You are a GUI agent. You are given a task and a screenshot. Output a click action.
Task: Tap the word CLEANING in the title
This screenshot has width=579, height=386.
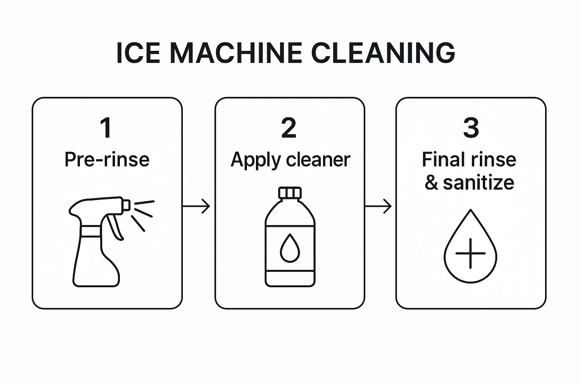(x=383, y=53)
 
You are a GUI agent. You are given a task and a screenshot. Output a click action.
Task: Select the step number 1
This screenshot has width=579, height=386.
(x=106, y=128)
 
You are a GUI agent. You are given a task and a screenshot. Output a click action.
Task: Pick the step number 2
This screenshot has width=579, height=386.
(x=289, y=128)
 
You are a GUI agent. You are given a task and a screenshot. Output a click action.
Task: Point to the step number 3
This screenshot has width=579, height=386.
(x=471, y=128)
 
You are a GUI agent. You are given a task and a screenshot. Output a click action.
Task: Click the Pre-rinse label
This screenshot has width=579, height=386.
(x=107, y=159)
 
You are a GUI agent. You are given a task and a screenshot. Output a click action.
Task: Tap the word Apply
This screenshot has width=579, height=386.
(x=256, y=160)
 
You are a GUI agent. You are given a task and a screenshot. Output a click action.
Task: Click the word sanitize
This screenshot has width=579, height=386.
(x=478, y=183)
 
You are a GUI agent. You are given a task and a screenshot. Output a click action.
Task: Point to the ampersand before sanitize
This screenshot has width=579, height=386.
(x=431, y=183)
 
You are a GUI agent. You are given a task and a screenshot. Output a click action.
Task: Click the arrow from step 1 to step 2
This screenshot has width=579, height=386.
(x=196, y=206)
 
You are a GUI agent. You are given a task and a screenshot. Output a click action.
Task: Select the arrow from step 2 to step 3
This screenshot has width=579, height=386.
(x=378, y=206)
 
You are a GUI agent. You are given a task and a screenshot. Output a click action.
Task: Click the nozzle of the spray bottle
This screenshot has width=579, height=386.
(x=126, y=205)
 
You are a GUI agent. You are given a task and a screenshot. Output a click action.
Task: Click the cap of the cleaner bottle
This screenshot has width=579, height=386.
(x=290, y=193)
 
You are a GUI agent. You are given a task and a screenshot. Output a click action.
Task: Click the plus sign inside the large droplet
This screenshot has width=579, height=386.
(x=470, y=253)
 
